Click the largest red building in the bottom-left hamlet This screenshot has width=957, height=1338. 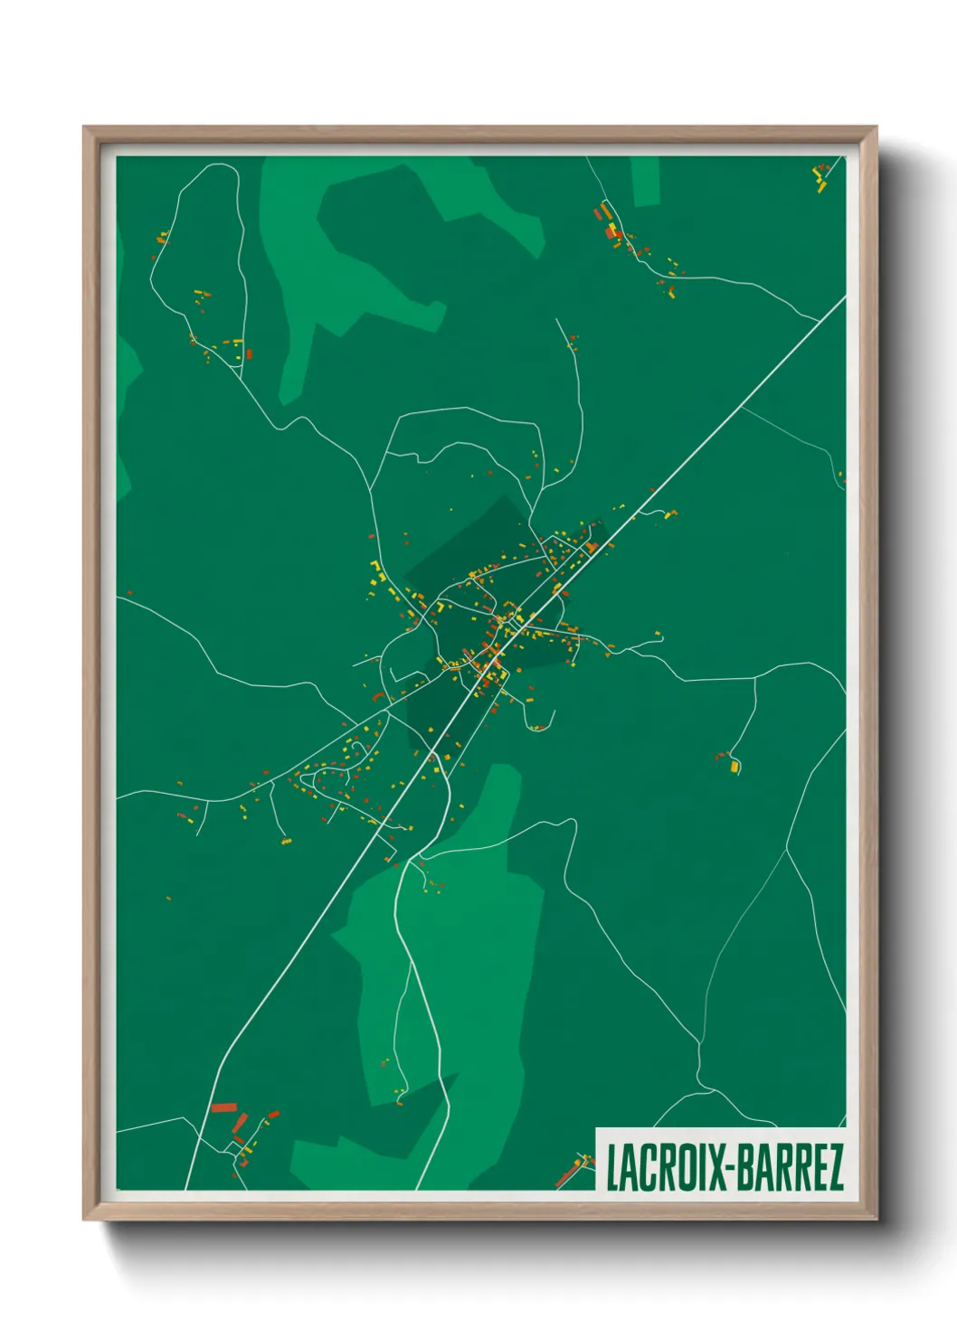(223, 1107)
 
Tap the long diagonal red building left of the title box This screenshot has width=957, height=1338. (566, 1175)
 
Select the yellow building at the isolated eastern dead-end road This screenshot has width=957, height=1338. (734, 767)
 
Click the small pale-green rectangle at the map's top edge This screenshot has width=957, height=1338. (645, 181)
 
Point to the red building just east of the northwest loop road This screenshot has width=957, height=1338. (249, 354)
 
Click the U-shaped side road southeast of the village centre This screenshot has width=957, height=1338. (537, 719)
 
